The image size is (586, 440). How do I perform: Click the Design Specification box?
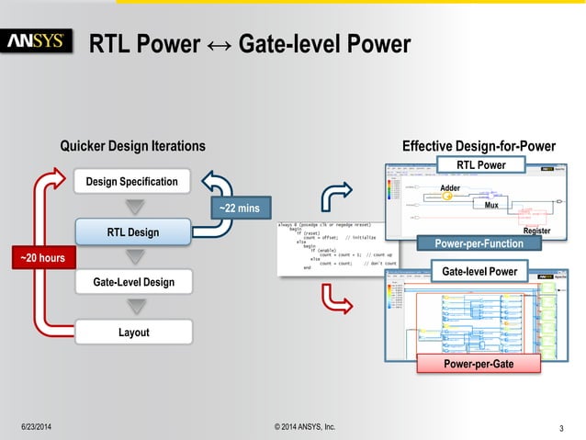pyautogui.click(x=131, y=182)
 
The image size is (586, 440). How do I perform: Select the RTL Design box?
pyautogui.click(x=131, y=232)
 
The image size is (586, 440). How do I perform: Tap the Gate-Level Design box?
pyautogui.click(x=131, y=281)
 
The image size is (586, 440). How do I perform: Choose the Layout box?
pyautogui.click(x=131, y=332)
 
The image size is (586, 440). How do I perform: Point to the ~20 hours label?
pyautogui.click(x=42, y=259)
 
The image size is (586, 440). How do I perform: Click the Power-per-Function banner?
pyautogui.click(x=479, y=243)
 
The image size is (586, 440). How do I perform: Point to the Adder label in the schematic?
pyautogui.click(x=450, y=188)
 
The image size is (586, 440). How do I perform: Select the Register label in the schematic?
pyautogui.click(x=535, y=231)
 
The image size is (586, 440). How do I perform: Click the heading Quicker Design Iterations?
pyautogui.click(x=132, y=146)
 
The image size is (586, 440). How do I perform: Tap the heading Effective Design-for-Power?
pyautogui.click(x=479, y=146)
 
